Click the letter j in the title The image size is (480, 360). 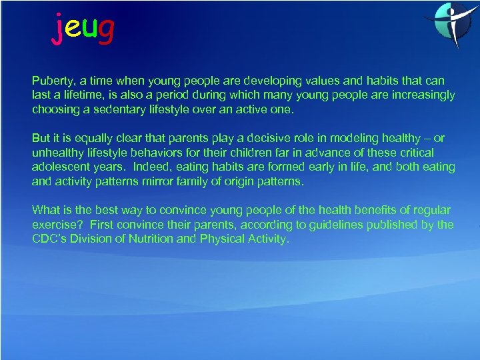coord(59,29)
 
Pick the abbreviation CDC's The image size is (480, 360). coord(50,239)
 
